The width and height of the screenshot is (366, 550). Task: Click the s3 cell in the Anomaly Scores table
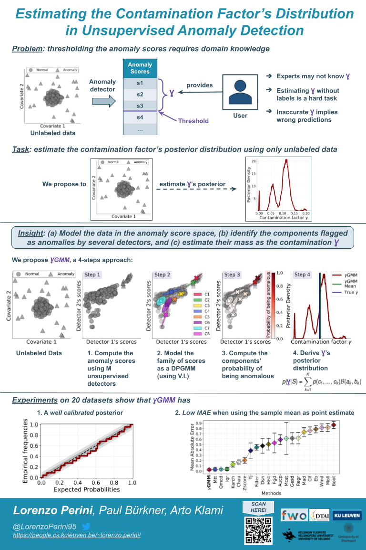pyautogui.click(x=140, y=106)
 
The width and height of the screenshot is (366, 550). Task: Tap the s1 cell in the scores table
pyautogui.click(x=140, y=83)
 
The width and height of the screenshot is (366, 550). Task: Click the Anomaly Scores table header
pyautogui.click(x=140, y=68)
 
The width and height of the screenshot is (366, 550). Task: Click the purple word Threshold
pyautogui.click(x=193, y=121)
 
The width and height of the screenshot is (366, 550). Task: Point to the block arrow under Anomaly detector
pyautogui.click(x=102, y=100)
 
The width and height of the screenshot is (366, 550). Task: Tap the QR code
pyautogui.click(x=257, y=530)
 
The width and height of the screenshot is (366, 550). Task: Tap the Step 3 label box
pyautogui.click(x=232, y=275)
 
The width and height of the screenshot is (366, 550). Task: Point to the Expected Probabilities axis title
pyautogui.click(x=86, y=489)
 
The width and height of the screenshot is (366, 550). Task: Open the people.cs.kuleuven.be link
pyautogui.click(x=76, y=535)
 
